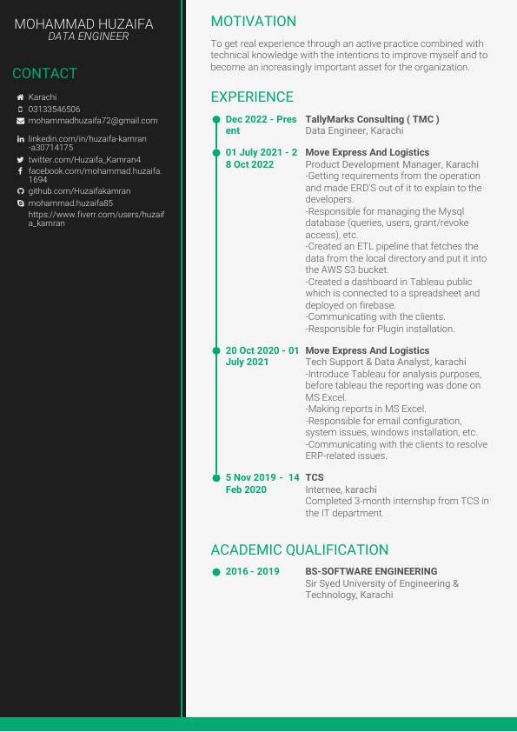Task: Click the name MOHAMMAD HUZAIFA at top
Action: click(83, 24)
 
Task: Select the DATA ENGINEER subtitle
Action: click(88, 37)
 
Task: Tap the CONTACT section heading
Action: click(44, 74)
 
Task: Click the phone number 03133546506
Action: click(54, 110)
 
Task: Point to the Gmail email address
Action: click(93, 121)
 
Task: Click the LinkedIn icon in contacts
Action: click(21, 139)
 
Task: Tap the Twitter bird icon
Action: click(21, 160)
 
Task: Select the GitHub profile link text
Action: click(79, 191)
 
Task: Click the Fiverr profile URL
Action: click(96, 218)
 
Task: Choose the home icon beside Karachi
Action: click(21, 97)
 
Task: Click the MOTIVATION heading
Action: click(253, 22)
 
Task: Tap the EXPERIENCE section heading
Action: click(252, 97)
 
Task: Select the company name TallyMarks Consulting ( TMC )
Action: click(372, 119)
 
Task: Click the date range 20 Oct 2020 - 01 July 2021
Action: click(262, 356)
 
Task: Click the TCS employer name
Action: click(315, 477)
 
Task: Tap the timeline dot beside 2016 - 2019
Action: click(216, 572)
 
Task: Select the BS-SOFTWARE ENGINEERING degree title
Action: click(371, 572)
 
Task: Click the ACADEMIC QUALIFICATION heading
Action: click(299, 550)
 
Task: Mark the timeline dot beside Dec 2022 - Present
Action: click(216, 119)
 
